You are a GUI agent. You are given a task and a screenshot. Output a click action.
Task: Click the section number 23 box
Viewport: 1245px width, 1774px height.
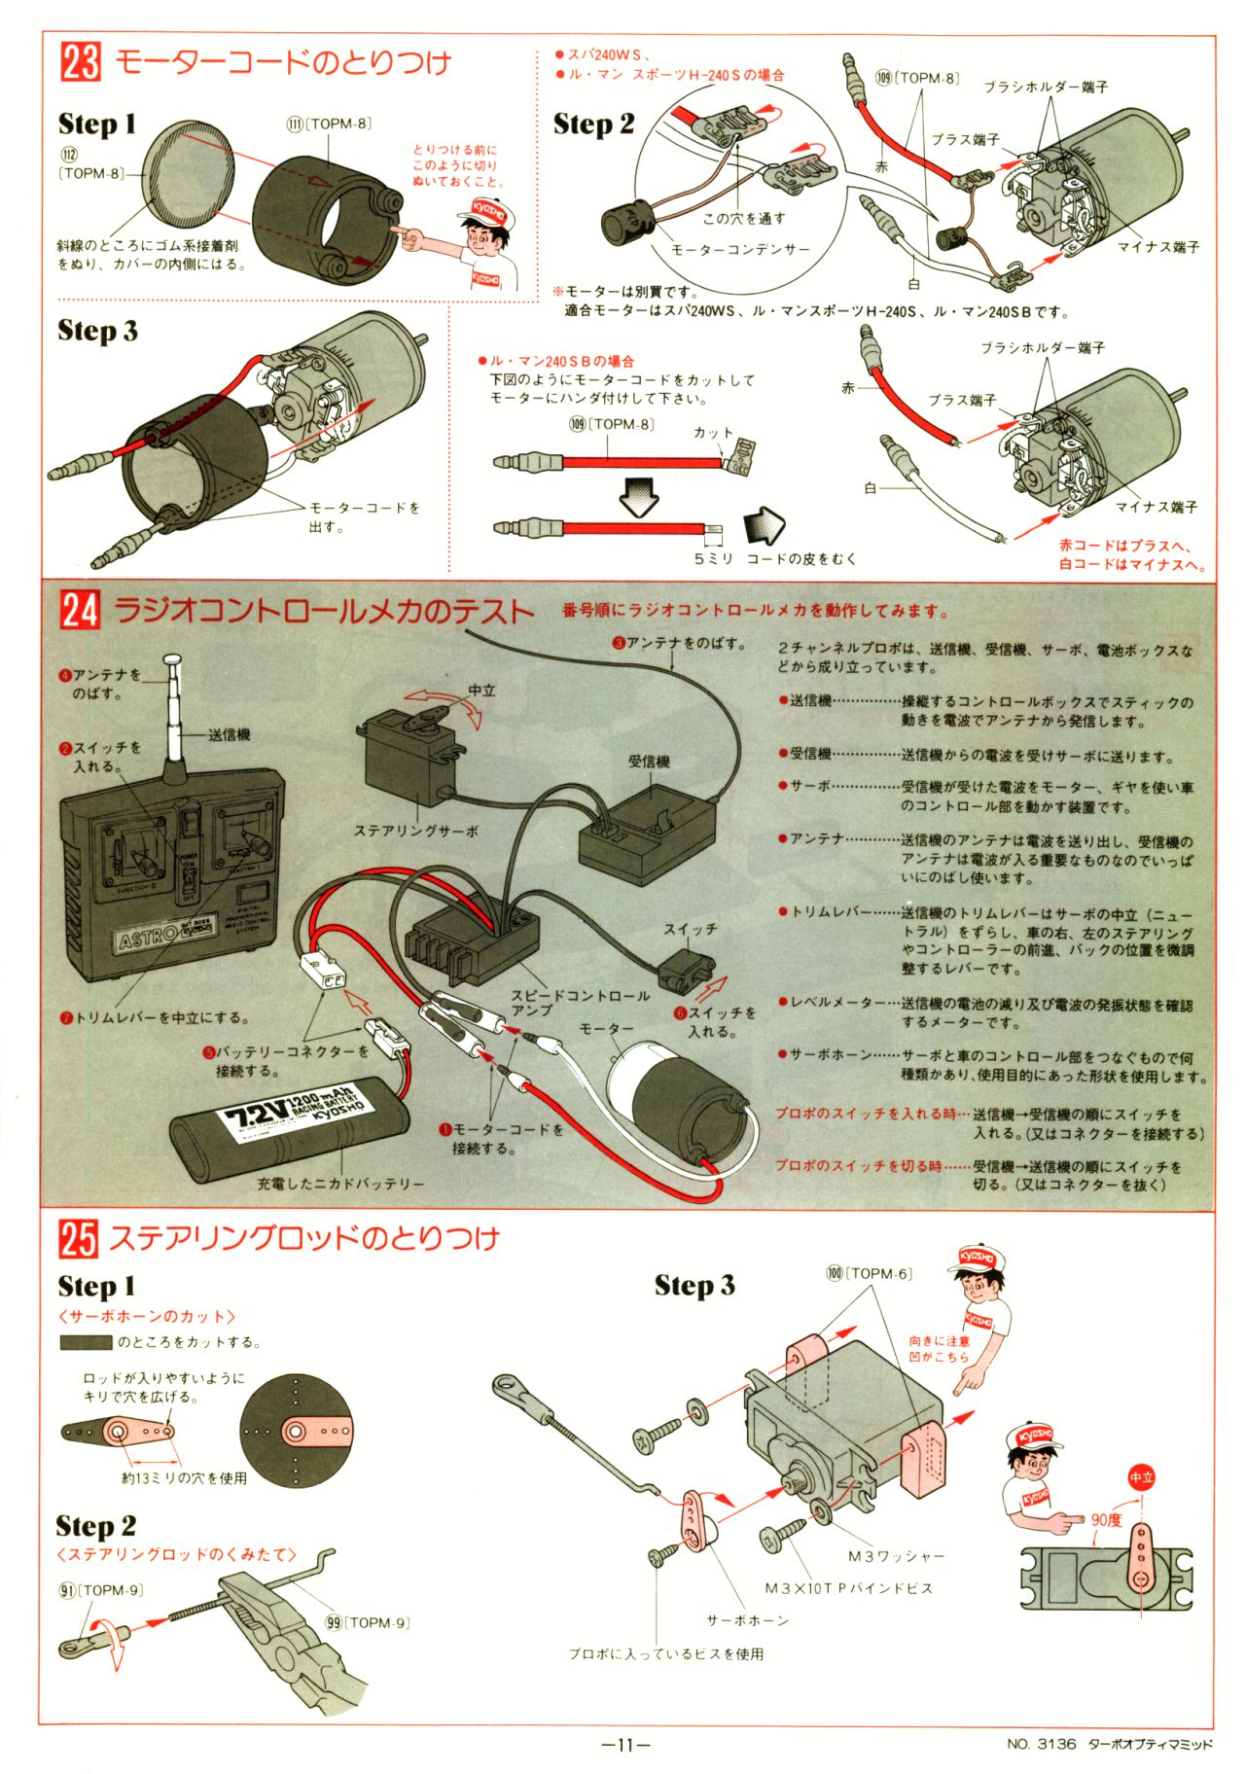coord(80,62)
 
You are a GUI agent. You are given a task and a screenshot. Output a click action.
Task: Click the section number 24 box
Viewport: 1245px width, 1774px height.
coord(80,610)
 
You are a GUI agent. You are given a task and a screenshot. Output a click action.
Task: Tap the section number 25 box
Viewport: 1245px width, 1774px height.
coord(78,1238)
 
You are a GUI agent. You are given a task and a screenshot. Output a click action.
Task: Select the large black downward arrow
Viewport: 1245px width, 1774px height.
coord(639,495)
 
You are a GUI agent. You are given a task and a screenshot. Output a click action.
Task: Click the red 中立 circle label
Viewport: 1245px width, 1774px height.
coord(1141,1477)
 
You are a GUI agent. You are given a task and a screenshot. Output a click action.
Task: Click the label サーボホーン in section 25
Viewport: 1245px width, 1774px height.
coord(747,1620)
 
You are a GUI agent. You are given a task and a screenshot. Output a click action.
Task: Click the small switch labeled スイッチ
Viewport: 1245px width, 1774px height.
coord(687,969)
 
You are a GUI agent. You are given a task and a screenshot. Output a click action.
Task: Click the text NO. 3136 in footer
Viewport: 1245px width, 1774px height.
coord(1042,1744)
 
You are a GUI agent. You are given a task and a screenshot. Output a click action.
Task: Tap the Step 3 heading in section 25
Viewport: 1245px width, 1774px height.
coord(694,1285)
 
